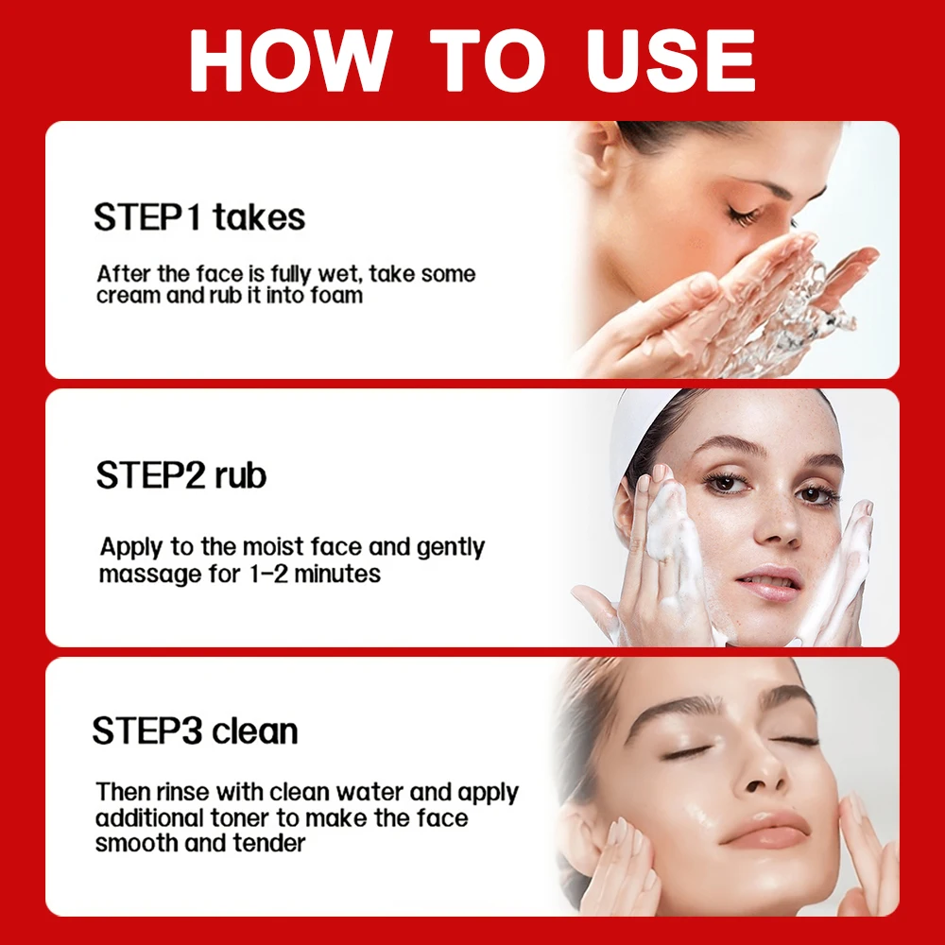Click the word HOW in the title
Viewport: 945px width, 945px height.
(x=288, y=62)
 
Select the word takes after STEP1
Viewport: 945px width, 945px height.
(x=258, y=217)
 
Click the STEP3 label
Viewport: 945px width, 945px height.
(x=148, y=730)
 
